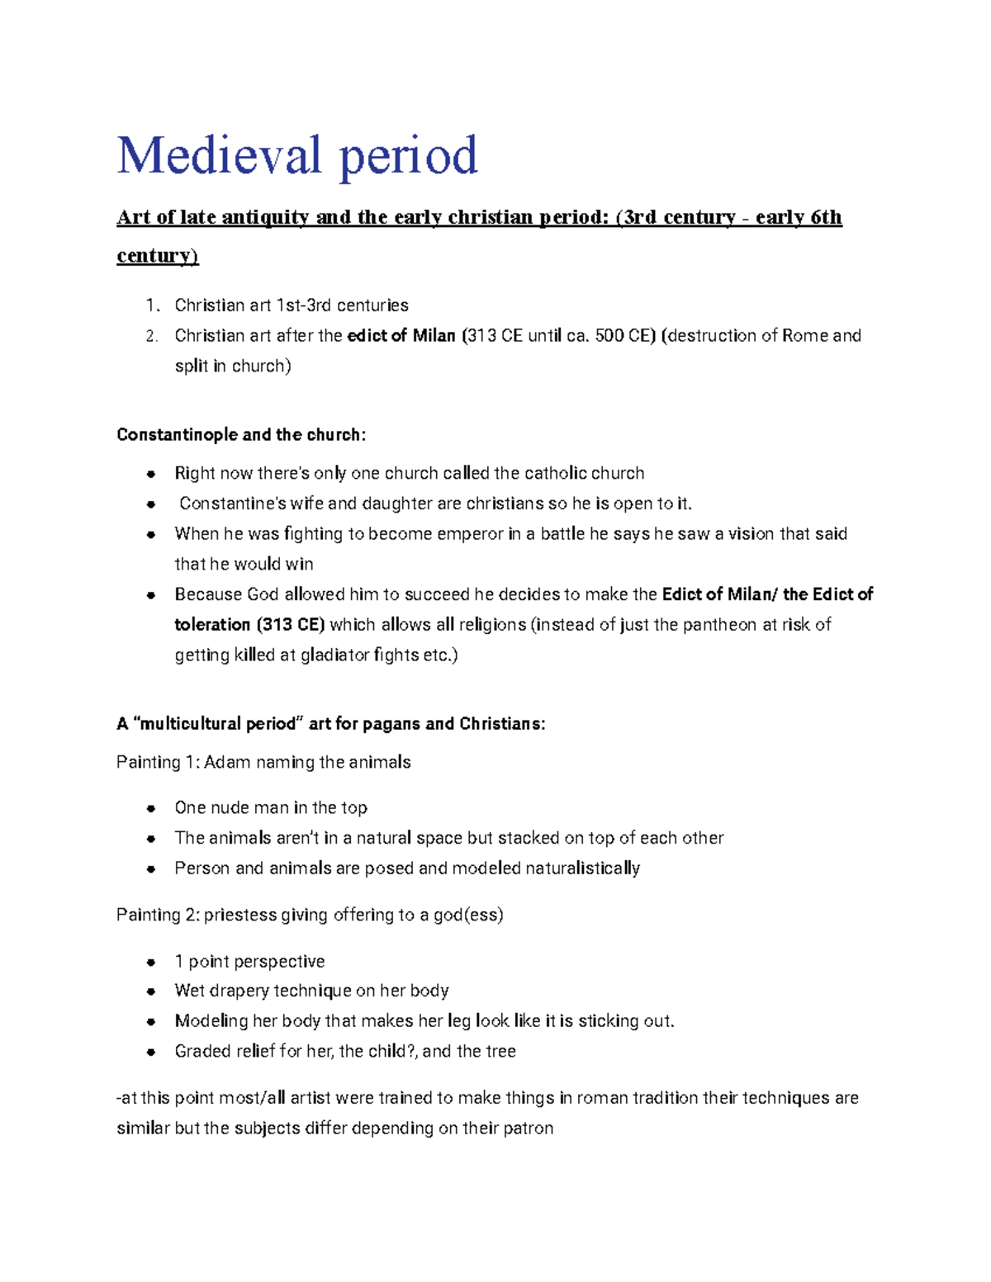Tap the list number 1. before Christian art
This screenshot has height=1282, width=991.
pyautogui.click(x=151, y=305)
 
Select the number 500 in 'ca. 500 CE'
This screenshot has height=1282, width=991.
pyautogui.click(x=609, y=336)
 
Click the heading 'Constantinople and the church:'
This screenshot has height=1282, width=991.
pyautogui.click(x=240, y=435)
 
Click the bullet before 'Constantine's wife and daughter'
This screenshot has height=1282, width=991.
pyautogui.click(x=151, y=504)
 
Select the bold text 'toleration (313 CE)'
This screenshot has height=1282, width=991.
pyautogui.click(x=249, y=625)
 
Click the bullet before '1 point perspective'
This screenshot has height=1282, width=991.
pyautogui.click(x=151, y=962)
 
